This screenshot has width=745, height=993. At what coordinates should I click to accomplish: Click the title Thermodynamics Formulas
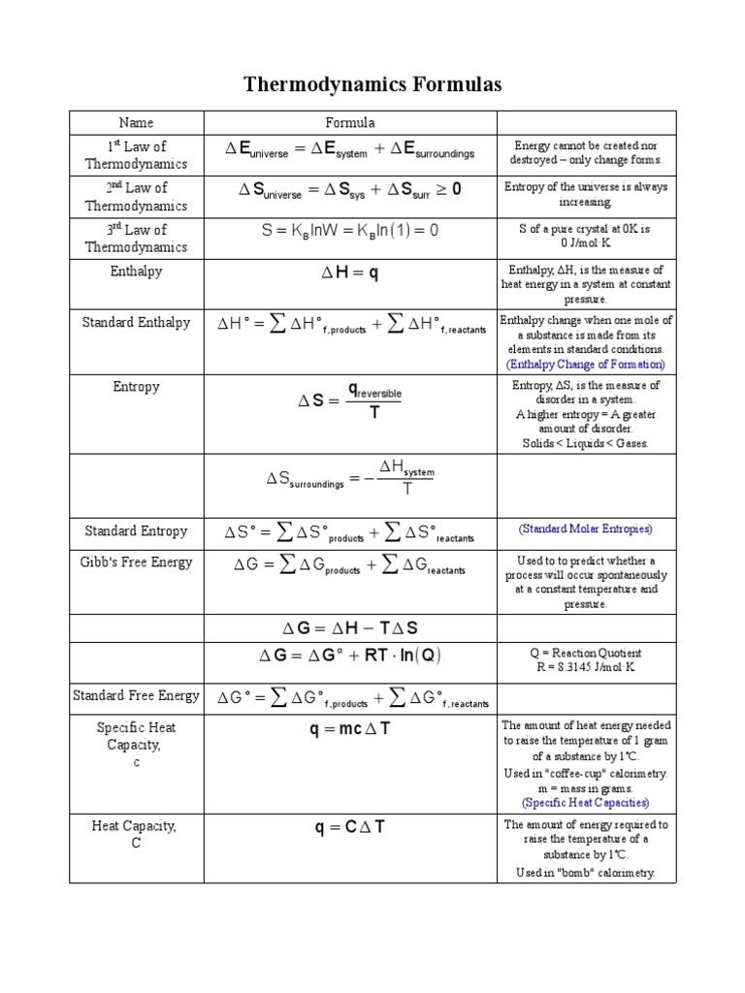click(x=372, y=85)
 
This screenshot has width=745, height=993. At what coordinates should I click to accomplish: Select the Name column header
click(x=136, y=123)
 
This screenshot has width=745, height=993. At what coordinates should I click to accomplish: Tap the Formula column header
click(x=349, y=123)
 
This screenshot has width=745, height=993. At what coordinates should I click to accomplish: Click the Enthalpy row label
click(x=136, y=272)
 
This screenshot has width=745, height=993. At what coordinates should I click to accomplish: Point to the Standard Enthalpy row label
click(x=136, y=323)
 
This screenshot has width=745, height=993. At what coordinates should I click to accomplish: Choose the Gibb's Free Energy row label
click(x=136, y=562)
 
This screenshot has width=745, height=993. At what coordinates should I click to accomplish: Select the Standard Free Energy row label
click(x=136, y=695)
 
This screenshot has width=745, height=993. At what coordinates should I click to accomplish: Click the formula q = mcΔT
click(x=349, y=730)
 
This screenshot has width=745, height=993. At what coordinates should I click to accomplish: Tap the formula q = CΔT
click(x=349, y=829)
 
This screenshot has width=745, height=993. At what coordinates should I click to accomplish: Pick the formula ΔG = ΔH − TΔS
click(x=349, y=628)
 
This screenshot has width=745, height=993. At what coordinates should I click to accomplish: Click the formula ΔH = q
click(x=349, y=274)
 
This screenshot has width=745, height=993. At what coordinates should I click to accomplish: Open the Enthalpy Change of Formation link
click(x=586, y=365)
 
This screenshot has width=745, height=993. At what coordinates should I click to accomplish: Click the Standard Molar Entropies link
click(x=586, y=529)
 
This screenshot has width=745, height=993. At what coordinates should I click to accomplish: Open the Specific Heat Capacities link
click(x=586, y=803)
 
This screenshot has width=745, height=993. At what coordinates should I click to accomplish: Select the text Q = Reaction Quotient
click(x=586, y=653)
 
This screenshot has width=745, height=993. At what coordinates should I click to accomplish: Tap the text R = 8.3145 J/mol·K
click(x=586, y=667)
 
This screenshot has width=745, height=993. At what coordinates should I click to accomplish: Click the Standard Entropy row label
click(x=136, y=531)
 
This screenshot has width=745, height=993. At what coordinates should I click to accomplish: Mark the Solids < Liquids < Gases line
click(x=586, y=444)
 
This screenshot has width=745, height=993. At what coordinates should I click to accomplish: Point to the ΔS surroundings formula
click(x=349, y=476)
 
